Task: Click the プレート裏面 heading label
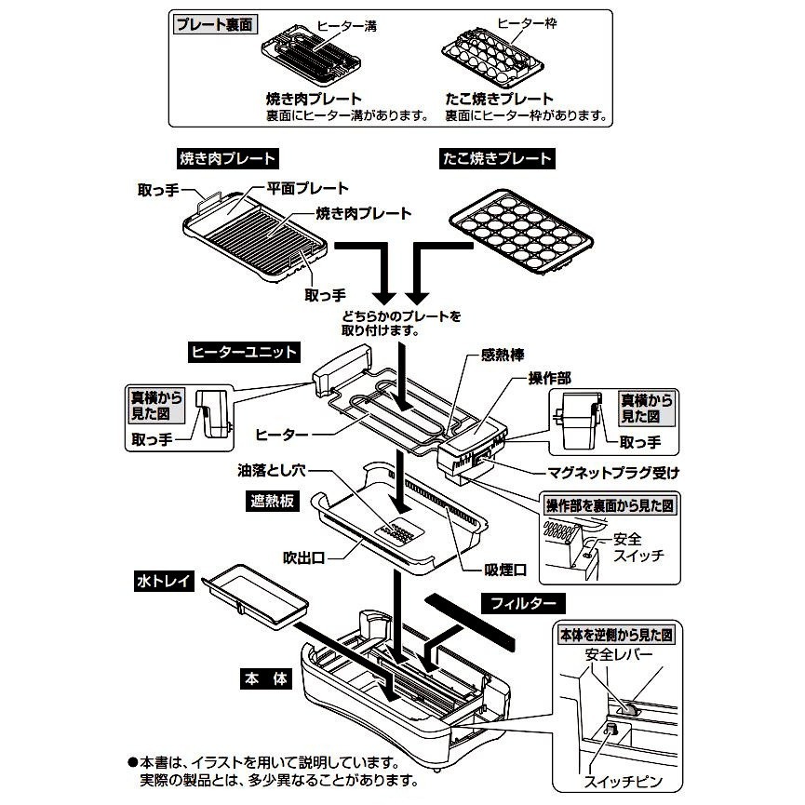[x=215, y=25]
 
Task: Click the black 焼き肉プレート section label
[x=226, y=158]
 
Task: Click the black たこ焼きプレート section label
[x=496, y=158]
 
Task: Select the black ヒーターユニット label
[x=243, y=352]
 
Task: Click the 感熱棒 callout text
[x=503, y=355]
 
